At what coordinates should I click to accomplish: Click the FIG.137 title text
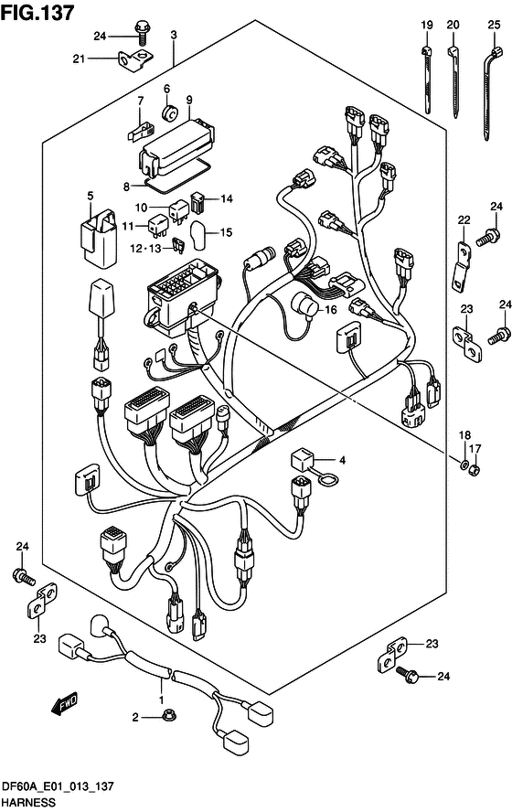tap(37, 13)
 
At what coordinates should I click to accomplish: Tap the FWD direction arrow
tap(64, 705)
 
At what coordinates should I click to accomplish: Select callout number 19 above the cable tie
tap(427, 25)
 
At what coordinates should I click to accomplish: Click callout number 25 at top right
tap(495, 25)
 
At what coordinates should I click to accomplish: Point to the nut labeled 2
tap(167, 717)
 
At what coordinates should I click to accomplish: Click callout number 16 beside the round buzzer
tap(330, 310)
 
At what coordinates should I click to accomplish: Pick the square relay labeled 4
tap(301, 459)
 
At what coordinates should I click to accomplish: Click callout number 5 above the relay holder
tap(91, 197)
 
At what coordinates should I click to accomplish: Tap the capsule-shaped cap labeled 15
tap(198, 235)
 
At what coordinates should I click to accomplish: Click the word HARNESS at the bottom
tap(28, 802)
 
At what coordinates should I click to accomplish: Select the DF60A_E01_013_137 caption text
tap(58, 786)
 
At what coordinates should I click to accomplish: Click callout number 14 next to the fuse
tap(227, 198)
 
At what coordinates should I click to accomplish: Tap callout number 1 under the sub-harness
tap(161, 700)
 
